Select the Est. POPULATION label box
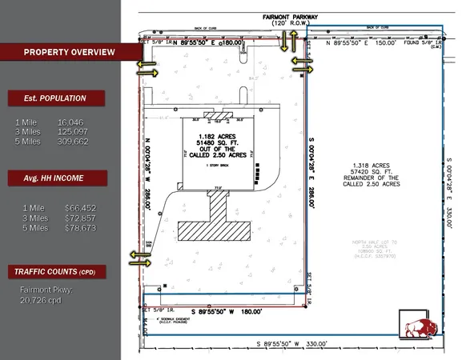click(57, 98)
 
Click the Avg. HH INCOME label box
click(57, 177)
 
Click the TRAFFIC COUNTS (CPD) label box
click(56, 272)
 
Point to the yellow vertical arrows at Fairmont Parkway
click(284, 44)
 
